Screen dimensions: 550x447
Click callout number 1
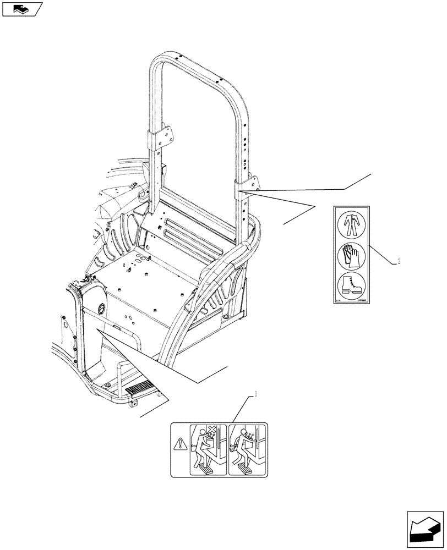pos(255,394)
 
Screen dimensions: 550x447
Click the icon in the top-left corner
pos(21,9)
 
